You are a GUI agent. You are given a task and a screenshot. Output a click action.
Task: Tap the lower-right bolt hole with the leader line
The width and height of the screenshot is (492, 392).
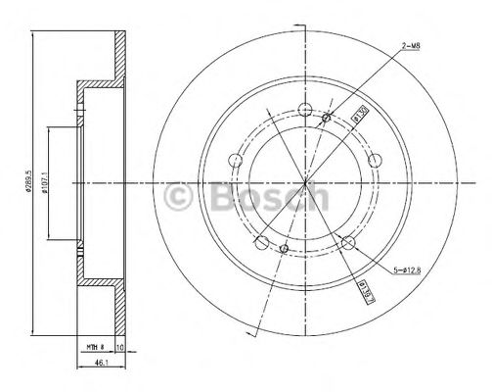(349, 241)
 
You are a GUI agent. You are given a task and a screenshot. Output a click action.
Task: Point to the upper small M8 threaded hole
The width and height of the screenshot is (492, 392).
(327, 119)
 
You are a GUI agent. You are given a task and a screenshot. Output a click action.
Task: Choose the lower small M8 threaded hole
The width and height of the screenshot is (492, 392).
(283, 250)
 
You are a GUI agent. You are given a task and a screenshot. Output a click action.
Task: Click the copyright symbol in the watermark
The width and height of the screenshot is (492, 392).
(182, 196)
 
